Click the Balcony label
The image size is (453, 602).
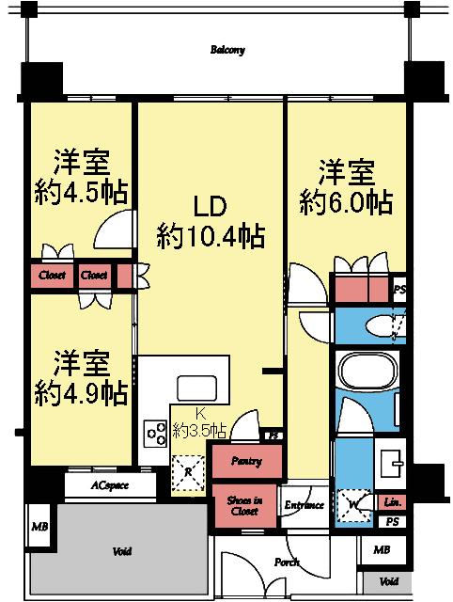pyautogui.click(x=227, y=50)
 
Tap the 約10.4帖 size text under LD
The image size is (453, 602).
pyautogui.click(x=211, y=235)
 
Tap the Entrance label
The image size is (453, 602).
pyautogui.click(x=305, y=505)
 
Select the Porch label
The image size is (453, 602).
pyautogui.click(x=288, y=562)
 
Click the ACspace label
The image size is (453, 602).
pyautogui.click(x=110, y=486)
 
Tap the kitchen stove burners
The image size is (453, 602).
pyautogui.click(x=154, y=433)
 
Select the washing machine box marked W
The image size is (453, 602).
pyautogui.click(x=353, y=502)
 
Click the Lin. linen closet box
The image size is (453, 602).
pyautogui.click(x=393, y=503)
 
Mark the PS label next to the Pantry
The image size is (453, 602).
pyautogui.click(x=274, y=436)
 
